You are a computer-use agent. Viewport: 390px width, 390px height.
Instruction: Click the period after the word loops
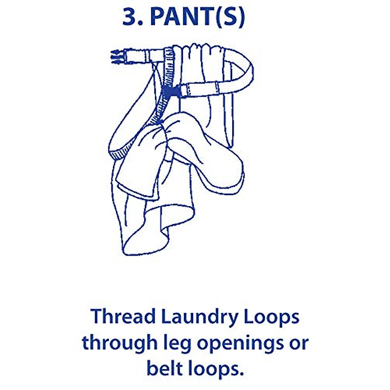pos(241,373)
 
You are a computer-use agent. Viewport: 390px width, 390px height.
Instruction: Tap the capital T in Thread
pos(96,317)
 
